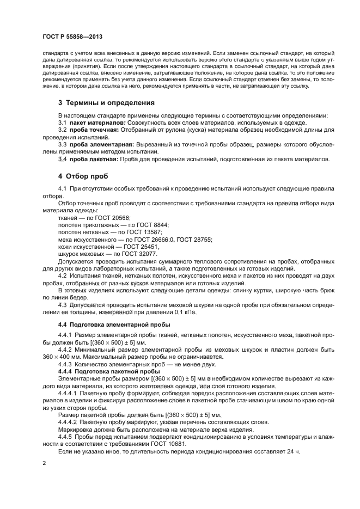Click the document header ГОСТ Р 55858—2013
[72, 36]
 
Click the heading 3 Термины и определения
[106, 102]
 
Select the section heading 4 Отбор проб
[83, 176]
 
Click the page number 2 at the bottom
[44, 463]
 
